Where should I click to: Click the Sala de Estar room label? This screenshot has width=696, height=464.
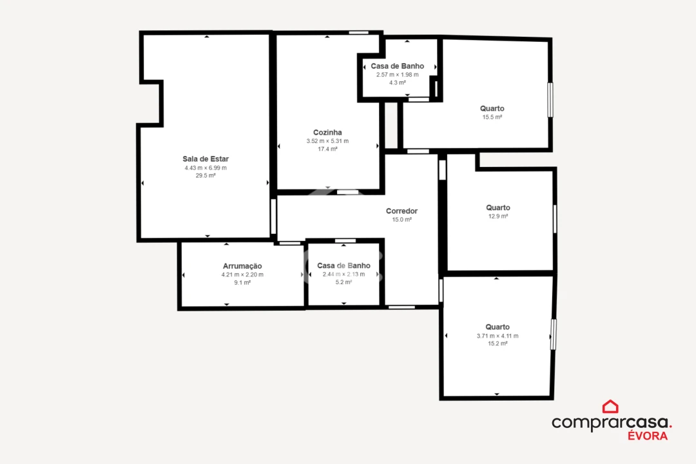tap(206, 159)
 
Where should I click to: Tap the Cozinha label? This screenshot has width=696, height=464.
tap(327, 132)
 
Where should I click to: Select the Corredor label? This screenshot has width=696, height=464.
tap(401, 211)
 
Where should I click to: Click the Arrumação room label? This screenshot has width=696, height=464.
tap(242, 266)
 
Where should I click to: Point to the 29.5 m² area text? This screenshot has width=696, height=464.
tap(206, 175)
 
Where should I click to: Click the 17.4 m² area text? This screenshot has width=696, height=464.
tap(327, 149)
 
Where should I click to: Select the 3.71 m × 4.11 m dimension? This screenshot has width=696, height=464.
tap(498, 336)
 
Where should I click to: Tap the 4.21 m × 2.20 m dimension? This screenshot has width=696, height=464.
tap(242, 275)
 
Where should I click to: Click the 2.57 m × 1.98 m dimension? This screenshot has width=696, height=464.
tap(398, 74)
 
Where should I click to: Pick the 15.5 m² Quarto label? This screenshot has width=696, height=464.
tap(492, 108)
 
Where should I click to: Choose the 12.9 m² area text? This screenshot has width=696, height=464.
tap(498, 217)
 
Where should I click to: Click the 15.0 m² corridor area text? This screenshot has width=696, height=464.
tap(401, 220)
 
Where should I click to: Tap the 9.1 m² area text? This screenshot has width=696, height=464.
tap(242, 283)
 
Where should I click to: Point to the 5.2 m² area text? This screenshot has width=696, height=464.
tap(343, 282)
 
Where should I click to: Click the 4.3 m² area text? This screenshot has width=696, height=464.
tap(398, 82)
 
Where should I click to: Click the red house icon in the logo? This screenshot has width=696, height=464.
tap(610, 407)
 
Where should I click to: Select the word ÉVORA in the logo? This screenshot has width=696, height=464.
tap(648, 436)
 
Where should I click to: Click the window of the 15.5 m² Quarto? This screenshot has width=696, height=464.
tap(550, 99)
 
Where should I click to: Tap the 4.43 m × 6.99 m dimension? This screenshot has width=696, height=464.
tap(206, 168)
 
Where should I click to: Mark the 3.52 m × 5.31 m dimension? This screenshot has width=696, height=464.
tap(327, 141)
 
